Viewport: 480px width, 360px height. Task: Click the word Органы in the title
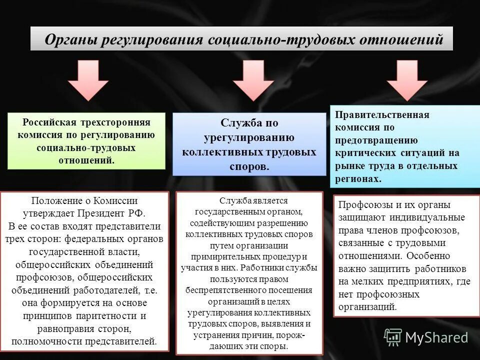point(70,39)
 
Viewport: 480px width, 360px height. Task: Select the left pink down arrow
point(87,80)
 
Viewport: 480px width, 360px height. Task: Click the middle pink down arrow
point(253,80)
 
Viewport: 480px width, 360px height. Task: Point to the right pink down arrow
point(407,80)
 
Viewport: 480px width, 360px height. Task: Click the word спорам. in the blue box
point(249,166)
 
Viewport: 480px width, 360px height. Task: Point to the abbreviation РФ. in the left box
point(136,213)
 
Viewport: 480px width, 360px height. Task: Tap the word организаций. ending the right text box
point(367,307)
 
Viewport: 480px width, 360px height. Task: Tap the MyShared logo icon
point(393,337)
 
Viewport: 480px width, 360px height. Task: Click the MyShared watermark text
point(436,337)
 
